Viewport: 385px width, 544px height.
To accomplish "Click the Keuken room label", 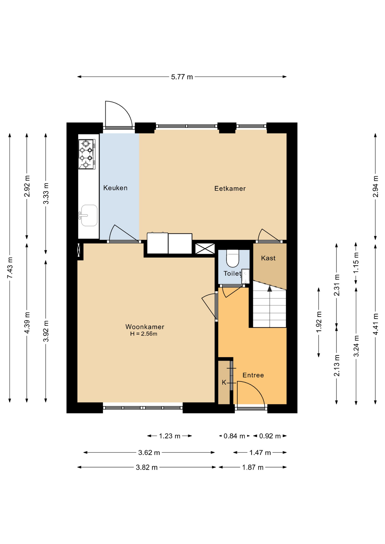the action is (x=115, y=188).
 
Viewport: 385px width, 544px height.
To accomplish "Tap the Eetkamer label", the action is (x=230, y=188).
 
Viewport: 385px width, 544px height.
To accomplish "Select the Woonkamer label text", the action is (x=145, y=327).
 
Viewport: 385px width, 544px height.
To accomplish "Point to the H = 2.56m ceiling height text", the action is (x=144, y=334).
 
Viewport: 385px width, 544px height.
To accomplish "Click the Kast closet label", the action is (x=268, y=258).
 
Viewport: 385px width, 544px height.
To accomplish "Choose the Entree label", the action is (x=253, y=375).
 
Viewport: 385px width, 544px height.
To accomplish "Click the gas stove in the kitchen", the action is (x=87, y=154).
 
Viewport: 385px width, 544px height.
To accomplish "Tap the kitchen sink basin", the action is (x=89, y=216).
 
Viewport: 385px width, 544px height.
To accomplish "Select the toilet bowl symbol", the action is (x=233, y=258).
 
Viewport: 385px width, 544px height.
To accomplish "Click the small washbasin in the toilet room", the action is (x=246, y=276).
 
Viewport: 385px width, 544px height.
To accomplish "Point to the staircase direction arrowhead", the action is (x=270, y=289).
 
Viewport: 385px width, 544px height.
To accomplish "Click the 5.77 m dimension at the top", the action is (x=182, y=77).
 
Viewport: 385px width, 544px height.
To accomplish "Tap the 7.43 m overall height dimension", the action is (x=10, y=268).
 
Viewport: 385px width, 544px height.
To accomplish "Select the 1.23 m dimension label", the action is (x=170, y=436).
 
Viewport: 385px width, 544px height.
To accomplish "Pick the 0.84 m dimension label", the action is (x=234, y=436).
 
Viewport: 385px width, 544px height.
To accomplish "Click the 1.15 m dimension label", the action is (x=356, y=263).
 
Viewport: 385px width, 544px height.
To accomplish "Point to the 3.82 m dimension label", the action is (x=147, y=467).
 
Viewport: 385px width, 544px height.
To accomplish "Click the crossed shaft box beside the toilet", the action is (x=205, y=249).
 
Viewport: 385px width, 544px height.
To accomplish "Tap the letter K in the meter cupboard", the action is (x=224, y=382).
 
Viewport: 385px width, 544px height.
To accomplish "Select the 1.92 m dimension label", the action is (x=319, y=322).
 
